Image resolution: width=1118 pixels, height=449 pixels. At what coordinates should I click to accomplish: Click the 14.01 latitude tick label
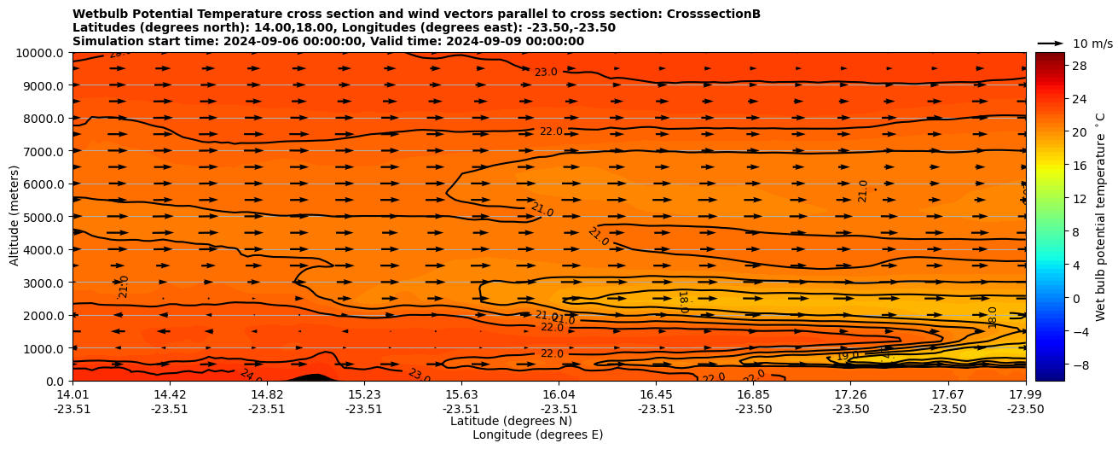point(72,394)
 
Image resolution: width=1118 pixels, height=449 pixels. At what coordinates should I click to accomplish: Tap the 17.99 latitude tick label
point(1025,394)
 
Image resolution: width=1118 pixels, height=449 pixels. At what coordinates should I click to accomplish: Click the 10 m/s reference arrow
point(1050,43)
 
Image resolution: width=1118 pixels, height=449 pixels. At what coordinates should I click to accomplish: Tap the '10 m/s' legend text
point(1092,44)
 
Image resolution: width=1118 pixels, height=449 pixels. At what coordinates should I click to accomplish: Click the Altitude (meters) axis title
point(14,216)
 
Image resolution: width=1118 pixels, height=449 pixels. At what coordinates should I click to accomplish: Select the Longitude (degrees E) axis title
point(537,434)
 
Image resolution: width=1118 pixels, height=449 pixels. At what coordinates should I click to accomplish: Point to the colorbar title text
point(1101,215)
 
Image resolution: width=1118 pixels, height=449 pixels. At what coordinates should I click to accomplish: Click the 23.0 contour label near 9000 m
point(546,73)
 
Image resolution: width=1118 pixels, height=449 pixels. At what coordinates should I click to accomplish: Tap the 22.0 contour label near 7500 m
point(551,131)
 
